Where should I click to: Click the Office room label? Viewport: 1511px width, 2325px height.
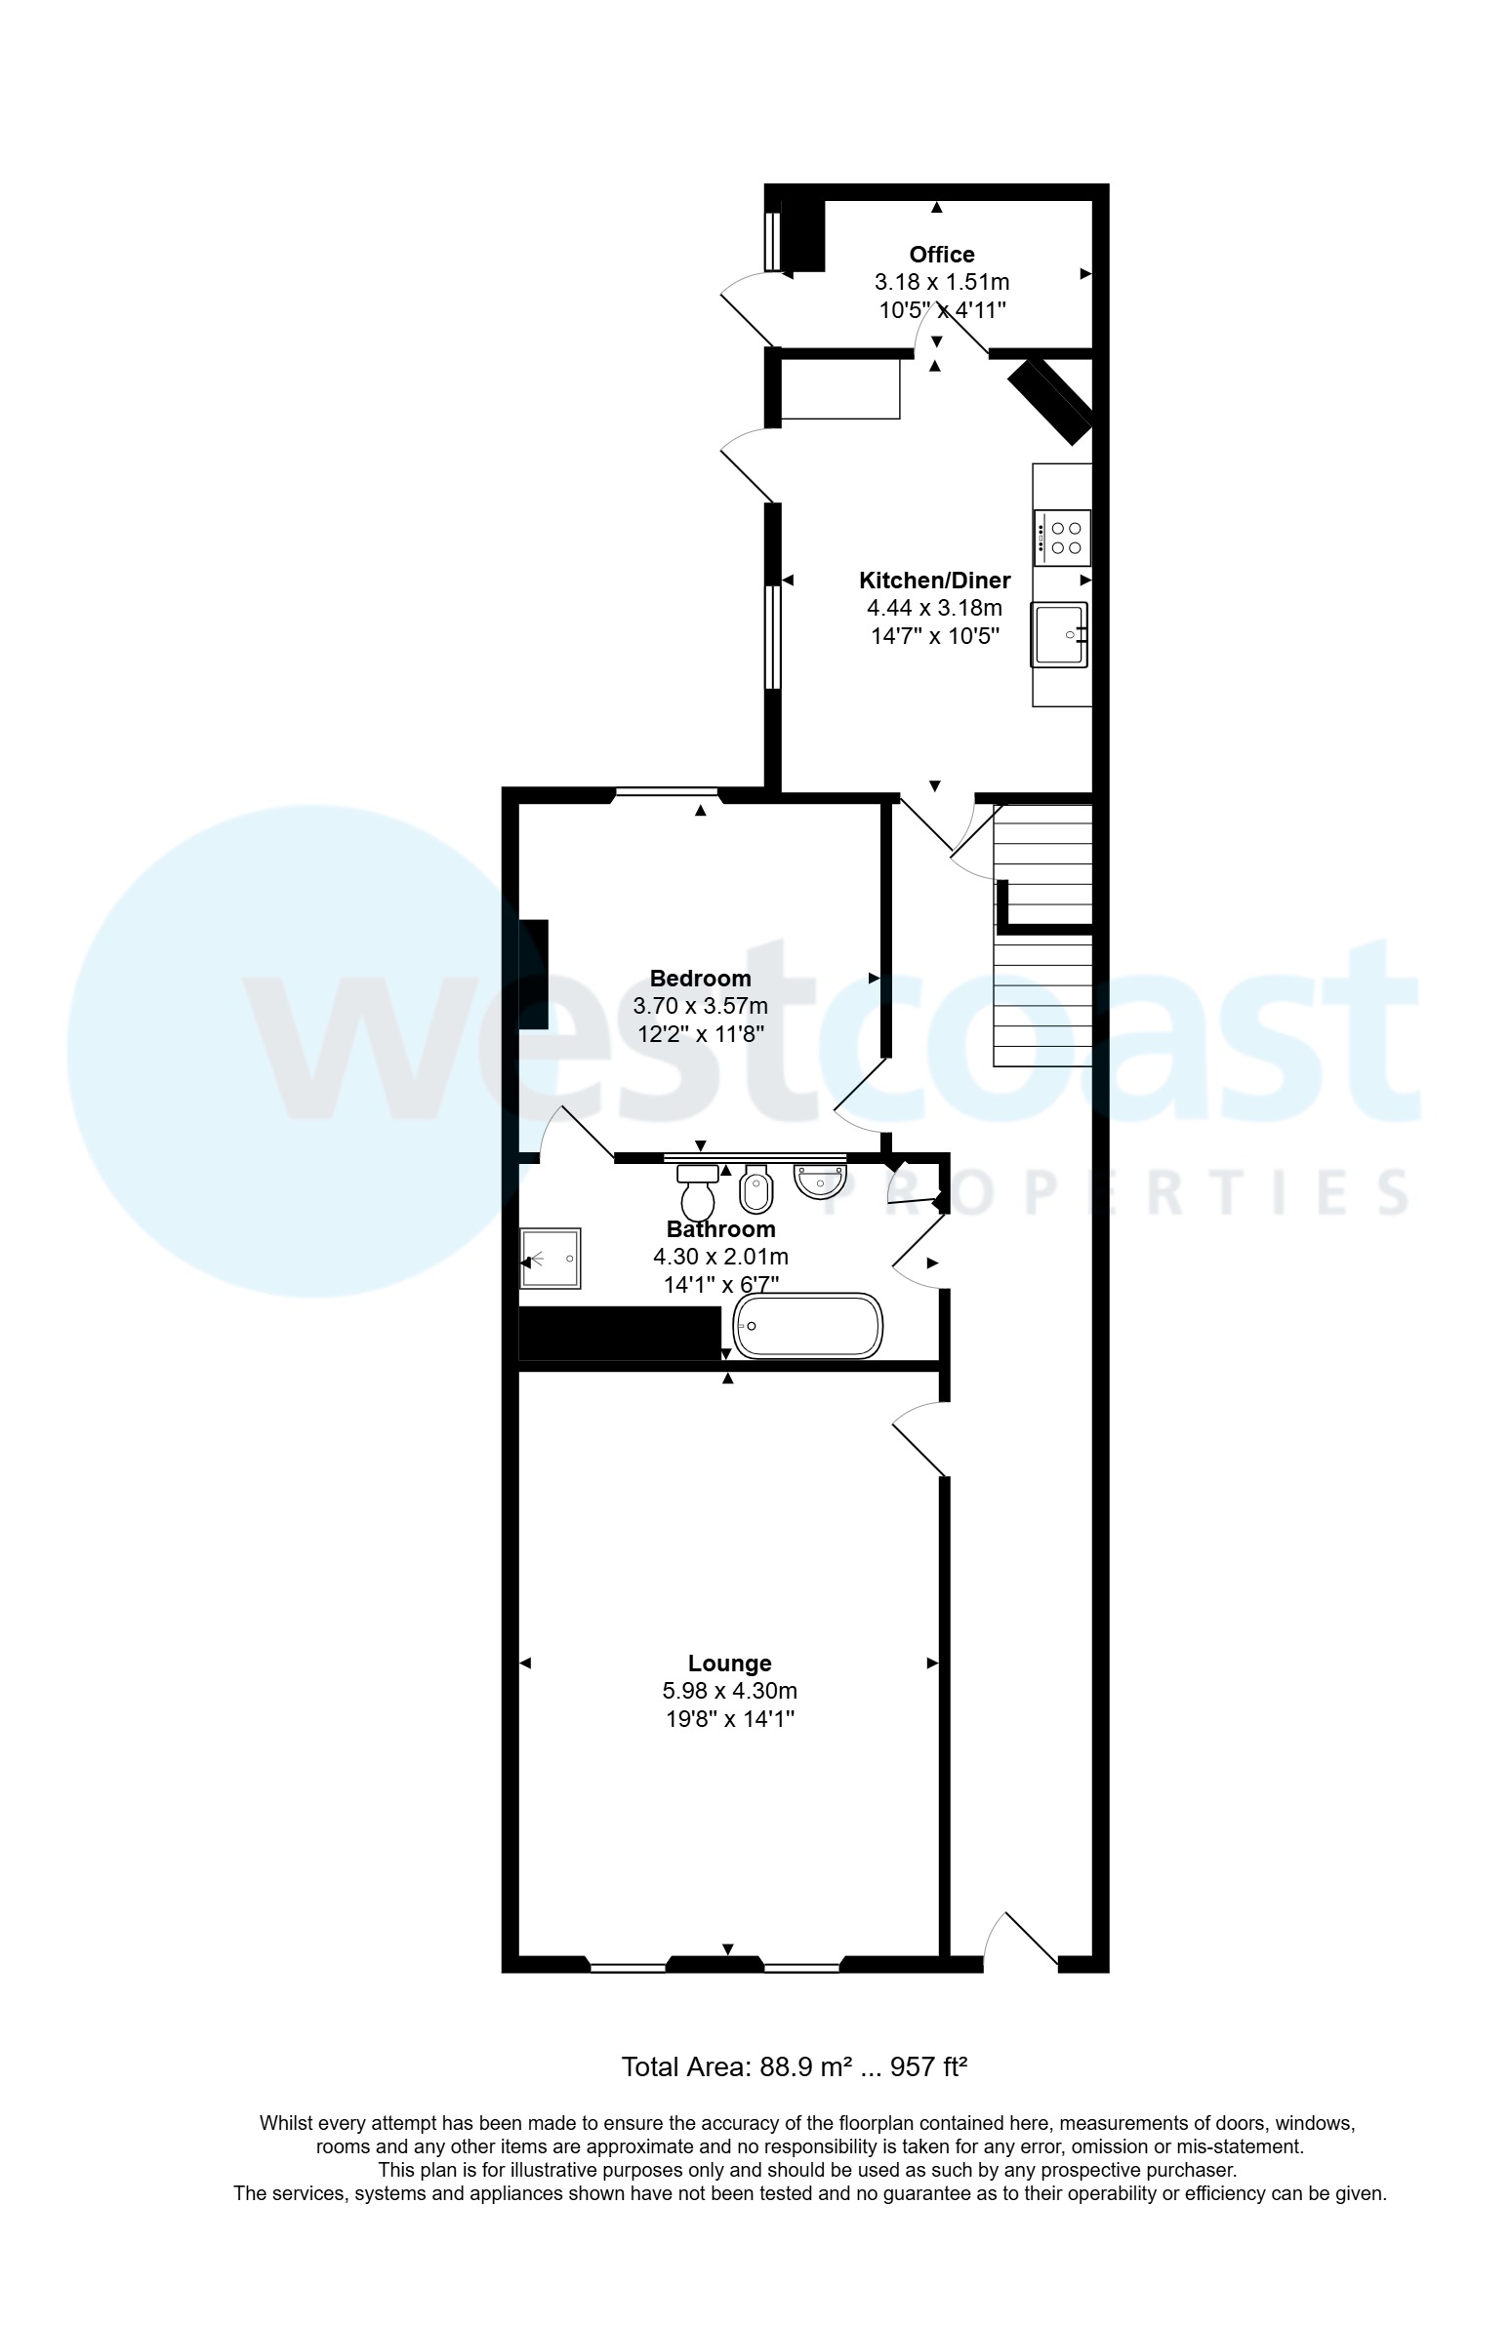[x=941, y=255]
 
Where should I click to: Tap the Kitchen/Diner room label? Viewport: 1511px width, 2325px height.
[x=934, y=581]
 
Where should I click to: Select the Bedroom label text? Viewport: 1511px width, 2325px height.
[x=700, y=978]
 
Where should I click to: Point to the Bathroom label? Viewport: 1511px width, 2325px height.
[x=720, y=1229]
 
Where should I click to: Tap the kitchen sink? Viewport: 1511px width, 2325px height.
[x=1059, y=635]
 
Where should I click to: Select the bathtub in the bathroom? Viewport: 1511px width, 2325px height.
[x=807, y=1326]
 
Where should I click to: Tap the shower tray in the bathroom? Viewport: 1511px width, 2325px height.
[x=551, y=1259]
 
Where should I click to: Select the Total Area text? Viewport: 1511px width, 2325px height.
[x=795, y=2067]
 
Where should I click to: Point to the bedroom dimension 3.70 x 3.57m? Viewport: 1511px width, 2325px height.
[x=700, y=1005]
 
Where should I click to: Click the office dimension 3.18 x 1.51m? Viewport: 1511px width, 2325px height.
[x=941, y=282]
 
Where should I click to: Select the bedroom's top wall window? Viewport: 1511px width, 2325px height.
[x=666, y=792]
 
